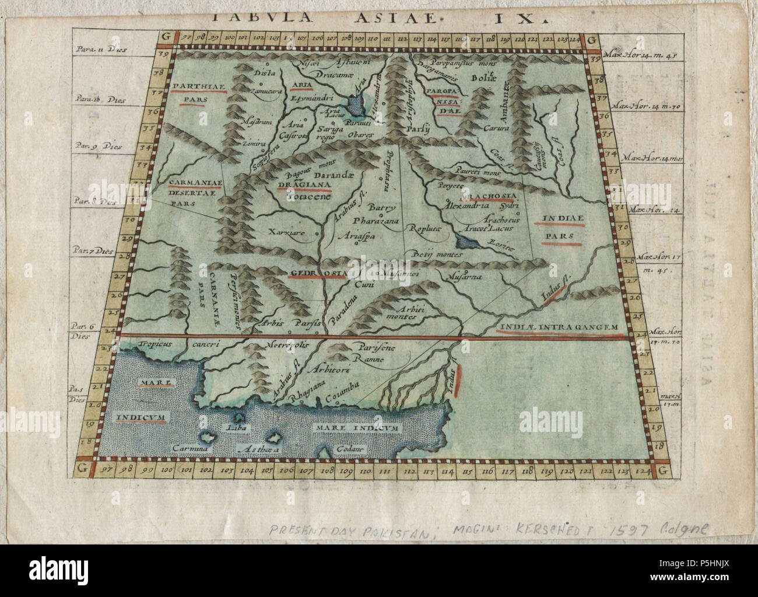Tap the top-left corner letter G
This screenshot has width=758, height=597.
click(x=165, y=40)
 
